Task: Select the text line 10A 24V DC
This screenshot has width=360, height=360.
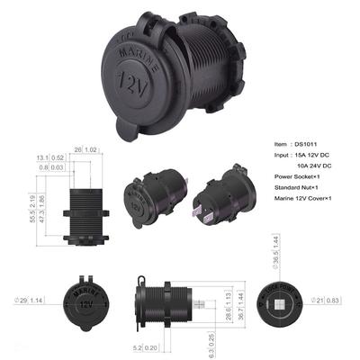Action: click(x=313, y=166)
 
